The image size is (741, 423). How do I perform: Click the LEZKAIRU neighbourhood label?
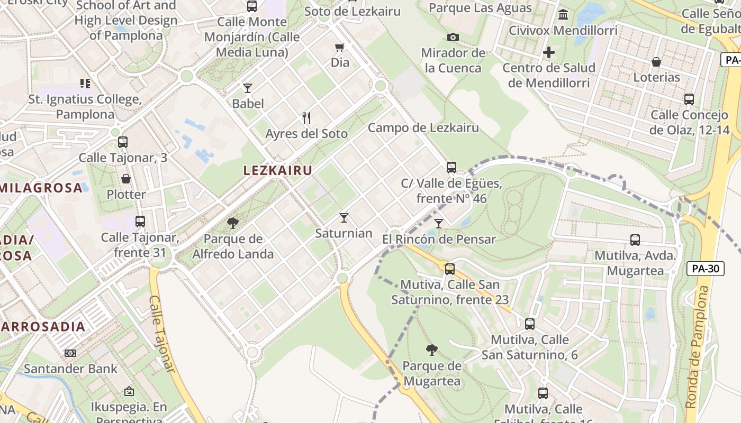coord(277,170)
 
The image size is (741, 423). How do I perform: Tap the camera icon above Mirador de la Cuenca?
coord(453,37)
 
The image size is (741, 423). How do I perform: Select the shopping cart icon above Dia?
coord(340,47)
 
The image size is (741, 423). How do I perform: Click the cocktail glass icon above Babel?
coord(248,88)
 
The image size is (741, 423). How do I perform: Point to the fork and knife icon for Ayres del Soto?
coord(306,117)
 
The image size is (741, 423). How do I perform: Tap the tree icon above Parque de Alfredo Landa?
coord(233,223)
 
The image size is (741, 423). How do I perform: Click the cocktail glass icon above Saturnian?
coord(344,217)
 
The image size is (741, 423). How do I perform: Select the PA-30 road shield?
coord(705,269)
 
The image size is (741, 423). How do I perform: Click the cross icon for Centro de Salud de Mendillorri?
coord(549,52)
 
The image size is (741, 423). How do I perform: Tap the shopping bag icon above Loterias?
coord(656,62)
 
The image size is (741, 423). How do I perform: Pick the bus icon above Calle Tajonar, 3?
coord(123,142)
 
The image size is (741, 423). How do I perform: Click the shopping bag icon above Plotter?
coord(126,179)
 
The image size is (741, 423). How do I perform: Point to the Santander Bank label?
coord(70,369)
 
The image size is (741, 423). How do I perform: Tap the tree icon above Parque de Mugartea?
coord(432,350)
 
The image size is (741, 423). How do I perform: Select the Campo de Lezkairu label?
coord(423,127)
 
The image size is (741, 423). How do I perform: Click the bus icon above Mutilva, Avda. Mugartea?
coord(635,240)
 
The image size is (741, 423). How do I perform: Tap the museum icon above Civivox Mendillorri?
coord(563,14)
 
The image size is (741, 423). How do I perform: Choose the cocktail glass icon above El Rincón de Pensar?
coord(439,223)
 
